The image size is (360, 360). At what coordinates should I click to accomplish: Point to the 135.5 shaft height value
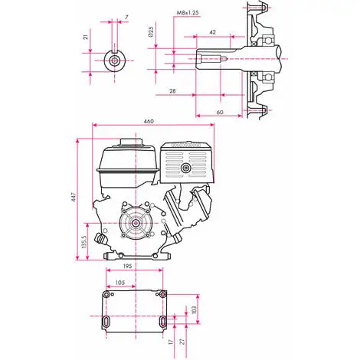coord(82,241)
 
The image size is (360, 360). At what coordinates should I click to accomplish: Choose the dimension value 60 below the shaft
coord(220,113)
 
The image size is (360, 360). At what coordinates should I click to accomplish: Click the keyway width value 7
coord(126,16)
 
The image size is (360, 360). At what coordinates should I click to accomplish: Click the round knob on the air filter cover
coord(185,168)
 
